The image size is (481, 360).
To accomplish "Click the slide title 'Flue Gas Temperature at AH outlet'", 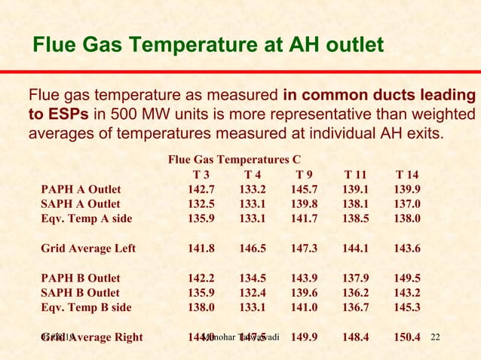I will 207,47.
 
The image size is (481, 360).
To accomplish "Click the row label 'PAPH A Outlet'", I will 81,190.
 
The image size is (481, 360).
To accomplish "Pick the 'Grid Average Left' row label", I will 88,249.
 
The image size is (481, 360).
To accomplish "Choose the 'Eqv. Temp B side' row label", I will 87,307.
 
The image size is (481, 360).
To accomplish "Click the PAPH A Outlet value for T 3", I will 201,190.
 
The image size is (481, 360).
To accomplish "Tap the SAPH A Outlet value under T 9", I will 304,205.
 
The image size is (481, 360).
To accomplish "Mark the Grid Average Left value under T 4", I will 253,249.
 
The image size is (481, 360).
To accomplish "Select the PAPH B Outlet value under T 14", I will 407,278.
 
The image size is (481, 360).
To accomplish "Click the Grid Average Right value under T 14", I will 407,337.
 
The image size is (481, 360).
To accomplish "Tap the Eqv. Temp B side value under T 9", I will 304,307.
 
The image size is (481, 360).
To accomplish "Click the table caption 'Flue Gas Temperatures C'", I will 234,160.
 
